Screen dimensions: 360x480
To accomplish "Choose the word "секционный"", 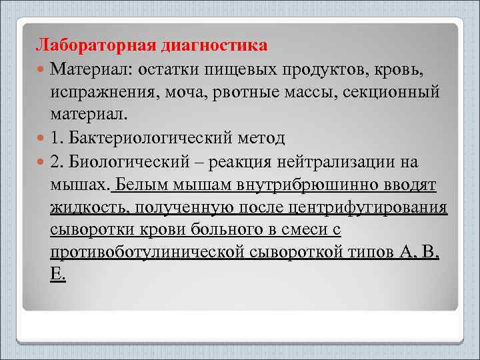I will coord(391,92).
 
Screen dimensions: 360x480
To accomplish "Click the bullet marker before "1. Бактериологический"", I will coord(42,138).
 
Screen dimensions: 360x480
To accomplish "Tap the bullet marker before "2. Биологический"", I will coord(42,161).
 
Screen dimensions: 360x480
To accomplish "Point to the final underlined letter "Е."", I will coord(58,275).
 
